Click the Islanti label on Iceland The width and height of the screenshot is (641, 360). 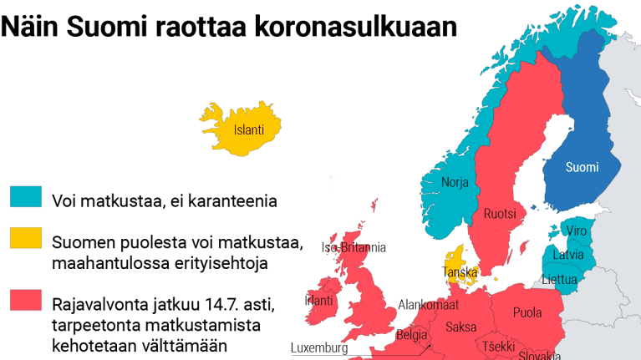click(x=249, y=129)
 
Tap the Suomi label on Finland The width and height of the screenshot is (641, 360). click(x=582, y=167)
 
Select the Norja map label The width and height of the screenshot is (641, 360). click(x=455, y=182)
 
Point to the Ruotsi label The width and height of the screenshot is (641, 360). click(x=500, y=215)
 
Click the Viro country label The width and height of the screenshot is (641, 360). click(x=577, y=231)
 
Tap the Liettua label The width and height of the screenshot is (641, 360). click(x=560, y=279)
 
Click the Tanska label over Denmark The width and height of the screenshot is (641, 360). click(x=460, y=271)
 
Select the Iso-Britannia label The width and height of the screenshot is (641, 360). click(x=354, y=247)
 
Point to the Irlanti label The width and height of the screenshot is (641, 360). click(x=319, y=300)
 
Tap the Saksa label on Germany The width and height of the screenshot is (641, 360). click(x=461, y=327)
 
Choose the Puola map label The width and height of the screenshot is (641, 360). click(x=527, y=313)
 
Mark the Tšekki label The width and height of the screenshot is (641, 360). click(x=499, y=347)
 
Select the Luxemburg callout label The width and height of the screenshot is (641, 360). click(x=318, y=347)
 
